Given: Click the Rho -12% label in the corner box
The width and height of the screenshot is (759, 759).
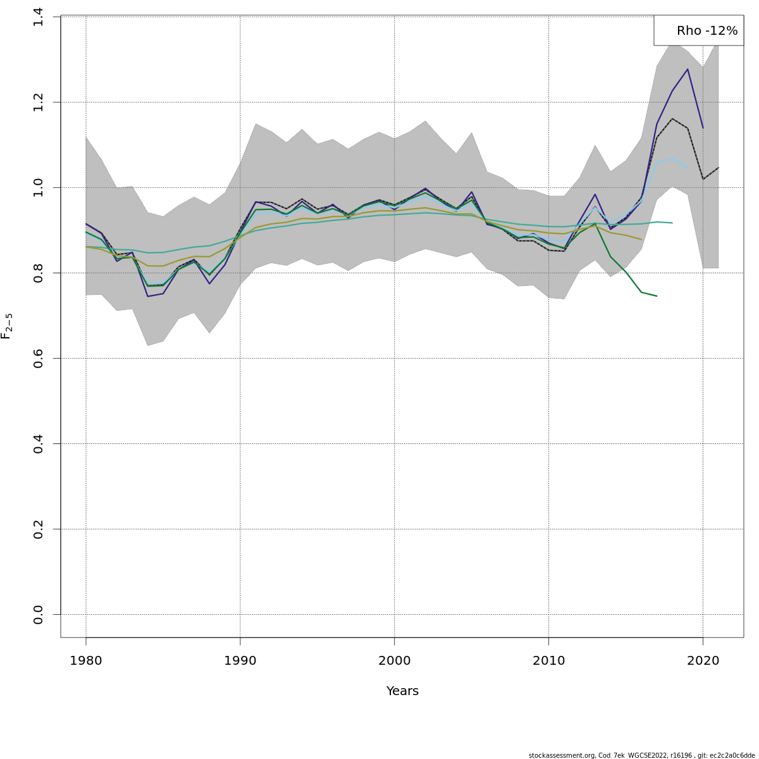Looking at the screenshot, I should point(707,31).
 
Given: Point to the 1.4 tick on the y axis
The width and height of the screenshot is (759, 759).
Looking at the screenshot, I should point(39,17).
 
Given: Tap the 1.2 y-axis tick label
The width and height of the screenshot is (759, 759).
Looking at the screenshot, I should point(39,102).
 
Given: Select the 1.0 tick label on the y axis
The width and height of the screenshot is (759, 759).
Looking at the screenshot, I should point(39,187).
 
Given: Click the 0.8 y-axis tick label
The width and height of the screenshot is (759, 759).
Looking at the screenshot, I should point(39,273).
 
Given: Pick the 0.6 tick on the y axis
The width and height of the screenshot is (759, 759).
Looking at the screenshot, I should point(39,358).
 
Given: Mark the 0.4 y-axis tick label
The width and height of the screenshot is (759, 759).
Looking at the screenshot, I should point(39,443).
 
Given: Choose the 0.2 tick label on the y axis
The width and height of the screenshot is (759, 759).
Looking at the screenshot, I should point(39,529).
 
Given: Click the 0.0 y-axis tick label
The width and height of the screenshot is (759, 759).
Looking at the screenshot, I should point(39,614).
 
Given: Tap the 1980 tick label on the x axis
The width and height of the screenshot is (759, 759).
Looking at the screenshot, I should point(86,661).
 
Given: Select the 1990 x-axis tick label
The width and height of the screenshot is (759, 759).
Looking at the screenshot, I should point(240,661).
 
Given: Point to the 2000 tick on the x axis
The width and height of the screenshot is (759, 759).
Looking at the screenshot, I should point(395,661).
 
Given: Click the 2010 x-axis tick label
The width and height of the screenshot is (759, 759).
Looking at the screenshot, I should point(549,661).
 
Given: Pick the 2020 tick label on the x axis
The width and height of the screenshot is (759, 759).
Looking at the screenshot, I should point(703,661).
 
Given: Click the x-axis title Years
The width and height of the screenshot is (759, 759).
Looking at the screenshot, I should point(402,691).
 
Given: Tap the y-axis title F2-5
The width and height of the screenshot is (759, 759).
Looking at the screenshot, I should point(7,326).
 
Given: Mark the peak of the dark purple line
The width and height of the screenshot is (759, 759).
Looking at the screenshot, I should point(688,69).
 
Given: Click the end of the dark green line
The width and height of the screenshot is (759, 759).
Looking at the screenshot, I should point(657,296).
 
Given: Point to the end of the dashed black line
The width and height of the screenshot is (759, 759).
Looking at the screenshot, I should point(719,168).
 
